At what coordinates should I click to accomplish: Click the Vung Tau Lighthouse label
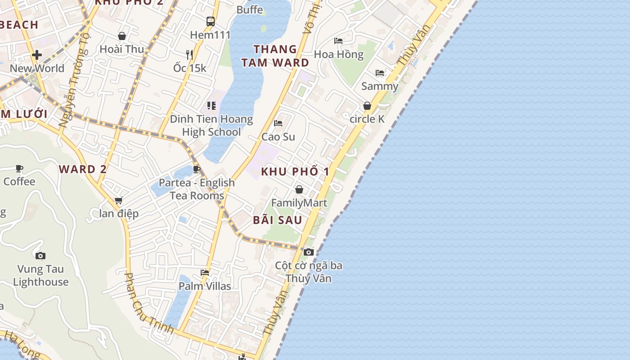click(x=40, y=275)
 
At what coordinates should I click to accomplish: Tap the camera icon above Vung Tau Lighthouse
click(x=40, y=256)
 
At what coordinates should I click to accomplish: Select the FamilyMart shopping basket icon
click(x=299, y=189)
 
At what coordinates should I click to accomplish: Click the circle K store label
click(x=367, y=119)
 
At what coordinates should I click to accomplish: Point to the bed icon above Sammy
click(x=380, y=72)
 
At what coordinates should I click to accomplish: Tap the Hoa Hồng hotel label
click(x=338, y=54)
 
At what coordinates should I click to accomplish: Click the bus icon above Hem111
click(x=211, y=21)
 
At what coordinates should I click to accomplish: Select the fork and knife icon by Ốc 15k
click(x=189, y=54)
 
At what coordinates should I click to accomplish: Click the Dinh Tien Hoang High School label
click(x=211, y=126)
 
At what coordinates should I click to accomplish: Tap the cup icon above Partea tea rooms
click(x=196, y=169)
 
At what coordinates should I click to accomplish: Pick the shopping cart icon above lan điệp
click(x=118, y=200)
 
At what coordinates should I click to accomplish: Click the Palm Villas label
click(x=205, y=286)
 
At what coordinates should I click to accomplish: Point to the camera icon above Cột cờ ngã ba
click(x=309, y=252)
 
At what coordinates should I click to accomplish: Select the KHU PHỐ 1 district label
click(x=295, y=171)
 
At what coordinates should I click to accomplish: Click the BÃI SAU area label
click(x=277, y=220)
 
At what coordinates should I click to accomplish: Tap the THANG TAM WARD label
click(x=275, y=56)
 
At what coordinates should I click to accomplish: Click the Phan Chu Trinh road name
click(x=148, y=303)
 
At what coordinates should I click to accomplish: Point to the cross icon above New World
click(x=37, y=55)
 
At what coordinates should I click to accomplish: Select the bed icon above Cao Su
click(x=278, y=123)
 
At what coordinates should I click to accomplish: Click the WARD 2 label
click(x=83, y=169)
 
